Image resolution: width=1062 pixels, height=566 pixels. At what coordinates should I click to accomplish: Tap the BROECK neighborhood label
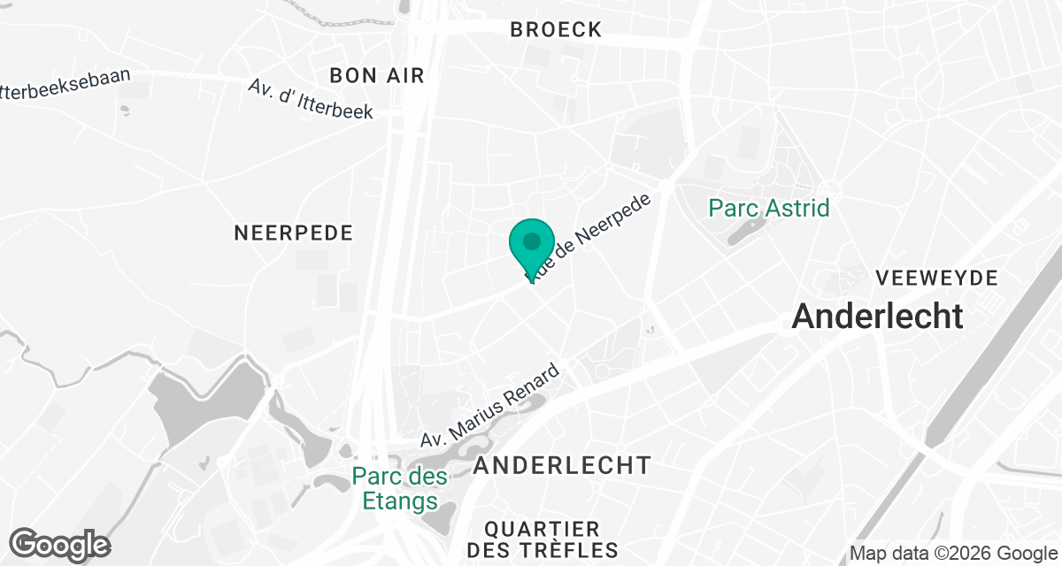(556, 30)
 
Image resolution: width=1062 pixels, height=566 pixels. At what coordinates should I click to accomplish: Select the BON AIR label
(377, 76)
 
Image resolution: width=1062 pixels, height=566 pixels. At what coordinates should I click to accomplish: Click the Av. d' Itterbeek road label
(311, 99)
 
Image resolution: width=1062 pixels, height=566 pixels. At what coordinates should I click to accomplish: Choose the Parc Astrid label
(769, 209)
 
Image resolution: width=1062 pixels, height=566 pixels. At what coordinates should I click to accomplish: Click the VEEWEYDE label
(936, 279)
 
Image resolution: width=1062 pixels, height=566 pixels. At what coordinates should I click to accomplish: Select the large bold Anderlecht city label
(877, 316)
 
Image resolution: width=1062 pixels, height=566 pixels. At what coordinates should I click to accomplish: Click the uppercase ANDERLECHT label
(563, 465)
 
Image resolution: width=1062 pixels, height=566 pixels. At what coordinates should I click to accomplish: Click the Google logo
(60, 544)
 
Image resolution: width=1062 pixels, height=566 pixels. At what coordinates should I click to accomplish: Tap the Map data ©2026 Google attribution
(954, 554)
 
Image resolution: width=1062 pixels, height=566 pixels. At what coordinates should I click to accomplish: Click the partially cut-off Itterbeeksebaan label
(65, 89)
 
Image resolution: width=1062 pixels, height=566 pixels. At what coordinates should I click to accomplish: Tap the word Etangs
(400, 501)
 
